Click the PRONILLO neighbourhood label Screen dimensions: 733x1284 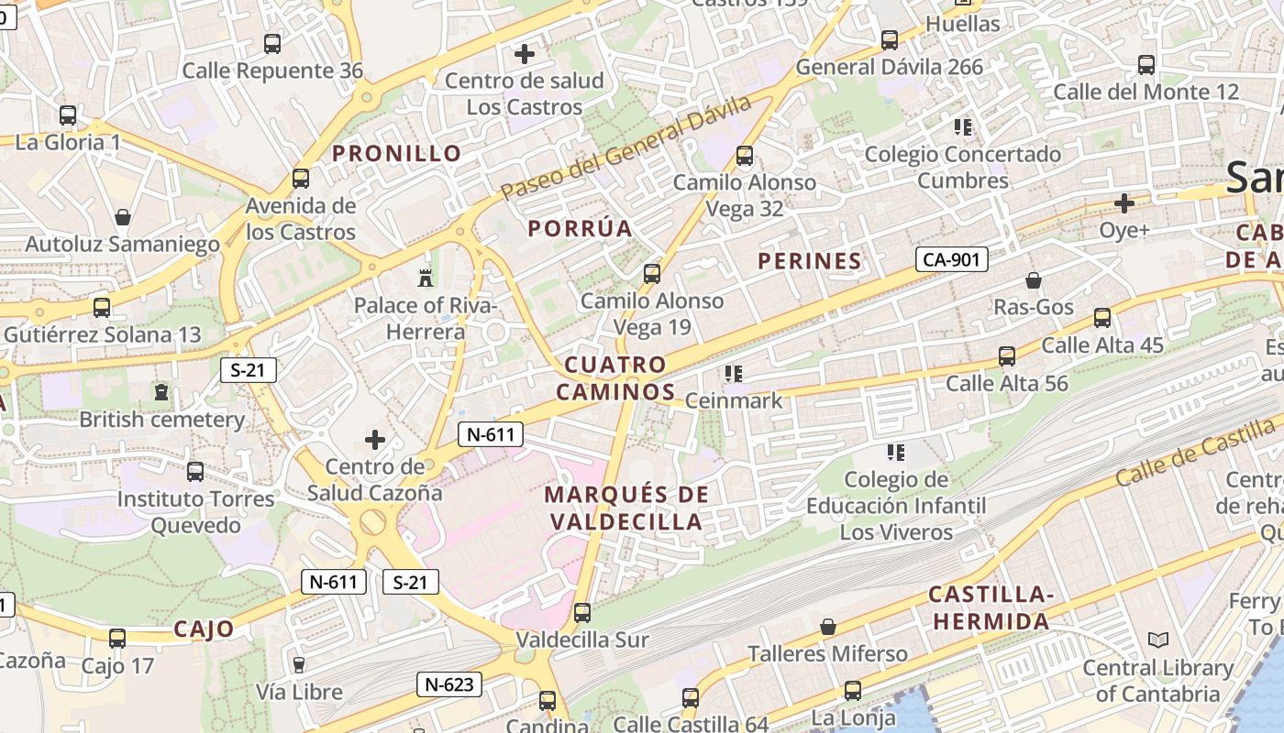[x=396, y=153]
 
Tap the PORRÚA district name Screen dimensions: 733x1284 [x=581, y=228]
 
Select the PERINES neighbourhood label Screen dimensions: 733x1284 [x=810, y=261]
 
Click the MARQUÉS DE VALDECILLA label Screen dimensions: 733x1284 [x=626, y=509]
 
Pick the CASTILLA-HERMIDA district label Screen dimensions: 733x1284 [x=991, y=607]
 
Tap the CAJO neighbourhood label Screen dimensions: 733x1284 [x=204, y=629]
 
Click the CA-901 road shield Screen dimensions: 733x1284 [x=951, y=259]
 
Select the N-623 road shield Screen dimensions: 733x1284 [x=448, y=684]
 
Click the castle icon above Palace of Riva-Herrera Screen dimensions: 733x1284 [x=425, y=278]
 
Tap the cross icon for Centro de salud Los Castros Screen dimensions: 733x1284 [x=525, y=54]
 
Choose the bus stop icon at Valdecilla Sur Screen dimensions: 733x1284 [x=581, y=612]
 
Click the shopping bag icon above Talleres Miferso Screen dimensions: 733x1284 [x=827, y=627]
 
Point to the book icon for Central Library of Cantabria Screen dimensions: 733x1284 [x=1157, y=640]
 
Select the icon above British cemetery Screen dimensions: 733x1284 [x=161, y=392]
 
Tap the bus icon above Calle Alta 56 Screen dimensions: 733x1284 [x=1007, y=356]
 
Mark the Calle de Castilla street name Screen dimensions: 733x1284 [x=1196, y=458]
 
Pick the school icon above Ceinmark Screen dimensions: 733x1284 [x=733, y=373]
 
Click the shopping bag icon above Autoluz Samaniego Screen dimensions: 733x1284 [x=122, y=217]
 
